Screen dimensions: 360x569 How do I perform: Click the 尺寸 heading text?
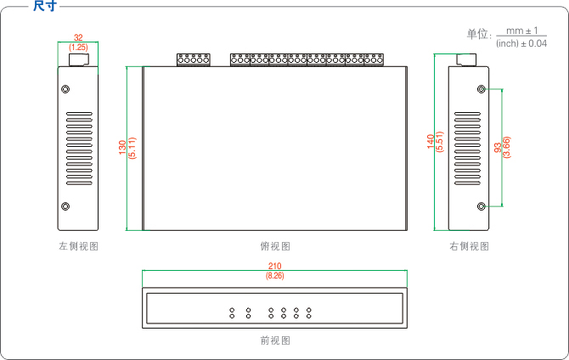click(45, 6)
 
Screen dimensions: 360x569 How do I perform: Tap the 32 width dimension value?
click(78, 38)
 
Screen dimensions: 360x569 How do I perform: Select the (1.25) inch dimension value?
click(78, 48)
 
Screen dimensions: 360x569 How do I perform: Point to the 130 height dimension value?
click(122, 148)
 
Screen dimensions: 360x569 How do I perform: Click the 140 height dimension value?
click(431, 141)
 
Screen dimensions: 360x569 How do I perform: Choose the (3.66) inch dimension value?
click(507, 147)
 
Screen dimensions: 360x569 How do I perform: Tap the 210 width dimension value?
click(274, 267)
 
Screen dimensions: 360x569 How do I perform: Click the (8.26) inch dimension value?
click(274, 277)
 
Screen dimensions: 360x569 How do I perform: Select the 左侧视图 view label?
click(78, 246)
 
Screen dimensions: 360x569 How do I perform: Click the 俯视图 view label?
click(274, 246)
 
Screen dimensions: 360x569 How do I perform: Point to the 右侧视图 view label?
click(469, 246)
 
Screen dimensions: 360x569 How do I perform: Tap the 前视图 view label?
click(274, 340)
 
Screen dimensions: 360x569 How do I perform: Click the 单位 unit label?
click(478, 34)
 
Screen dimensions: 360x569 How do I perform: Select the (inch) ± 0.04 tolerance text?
click(521, 43)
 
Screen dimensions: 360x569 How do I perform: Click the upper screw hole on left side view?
click(65, 88)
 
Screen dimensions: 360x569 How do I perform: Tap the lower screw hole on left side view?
click(65, 206)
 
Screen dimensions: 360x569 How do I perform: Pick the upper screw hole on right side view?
click(482, 88)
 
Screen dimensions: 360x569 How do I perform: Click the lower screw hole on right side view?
click(482, 206)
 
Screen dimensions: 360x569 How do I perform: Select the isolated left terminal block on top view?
click(193, 59)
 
